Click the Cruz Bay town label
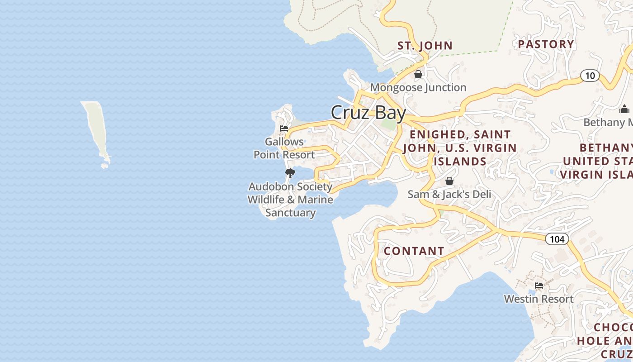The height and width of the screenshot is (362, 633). tap(368, 113)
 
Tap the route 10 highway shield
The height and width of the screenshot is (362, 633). tap(590, 76)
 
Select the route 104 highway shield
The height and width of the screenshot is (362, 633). tap(557, 238)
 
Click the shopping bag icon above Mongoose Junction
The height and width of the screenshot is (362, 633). tap(418, 74)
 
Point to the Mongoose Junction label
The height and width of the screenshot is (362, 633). tap(418, 87)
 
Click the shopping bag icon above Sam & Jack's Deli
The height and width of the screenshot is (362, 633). tap(449, 181)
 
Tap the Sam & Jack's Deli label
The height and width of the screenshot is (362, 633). tap(449, 194)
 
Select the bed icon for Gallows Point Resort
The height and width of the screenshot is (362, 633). tap(284, 129)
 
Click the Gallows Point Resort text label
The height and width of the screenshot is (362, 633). tap(284, 148)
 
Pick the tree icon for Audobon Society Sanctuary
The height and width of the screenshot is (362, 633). tap(290, 173)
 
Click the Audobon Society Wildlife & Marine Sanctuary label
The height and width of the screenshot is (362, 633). tap(290, 200)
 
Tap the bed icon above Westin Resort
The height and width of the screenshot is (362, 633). tap(539, 286)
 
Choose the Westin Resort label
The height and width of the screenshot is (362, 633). tap(539, 299)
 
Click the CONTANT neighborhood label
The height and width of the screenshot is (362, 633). tap(414, 251)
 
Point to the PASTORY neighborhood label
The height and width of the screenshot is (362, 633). tap(546, 44)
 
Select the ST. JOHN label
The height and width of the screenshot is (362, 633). tap(425, 45)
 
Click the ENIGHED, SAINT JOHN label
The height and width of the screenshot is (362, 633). tap(460, 148)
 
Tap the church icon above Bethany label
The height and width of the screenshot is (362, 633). tap(624, 109)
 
